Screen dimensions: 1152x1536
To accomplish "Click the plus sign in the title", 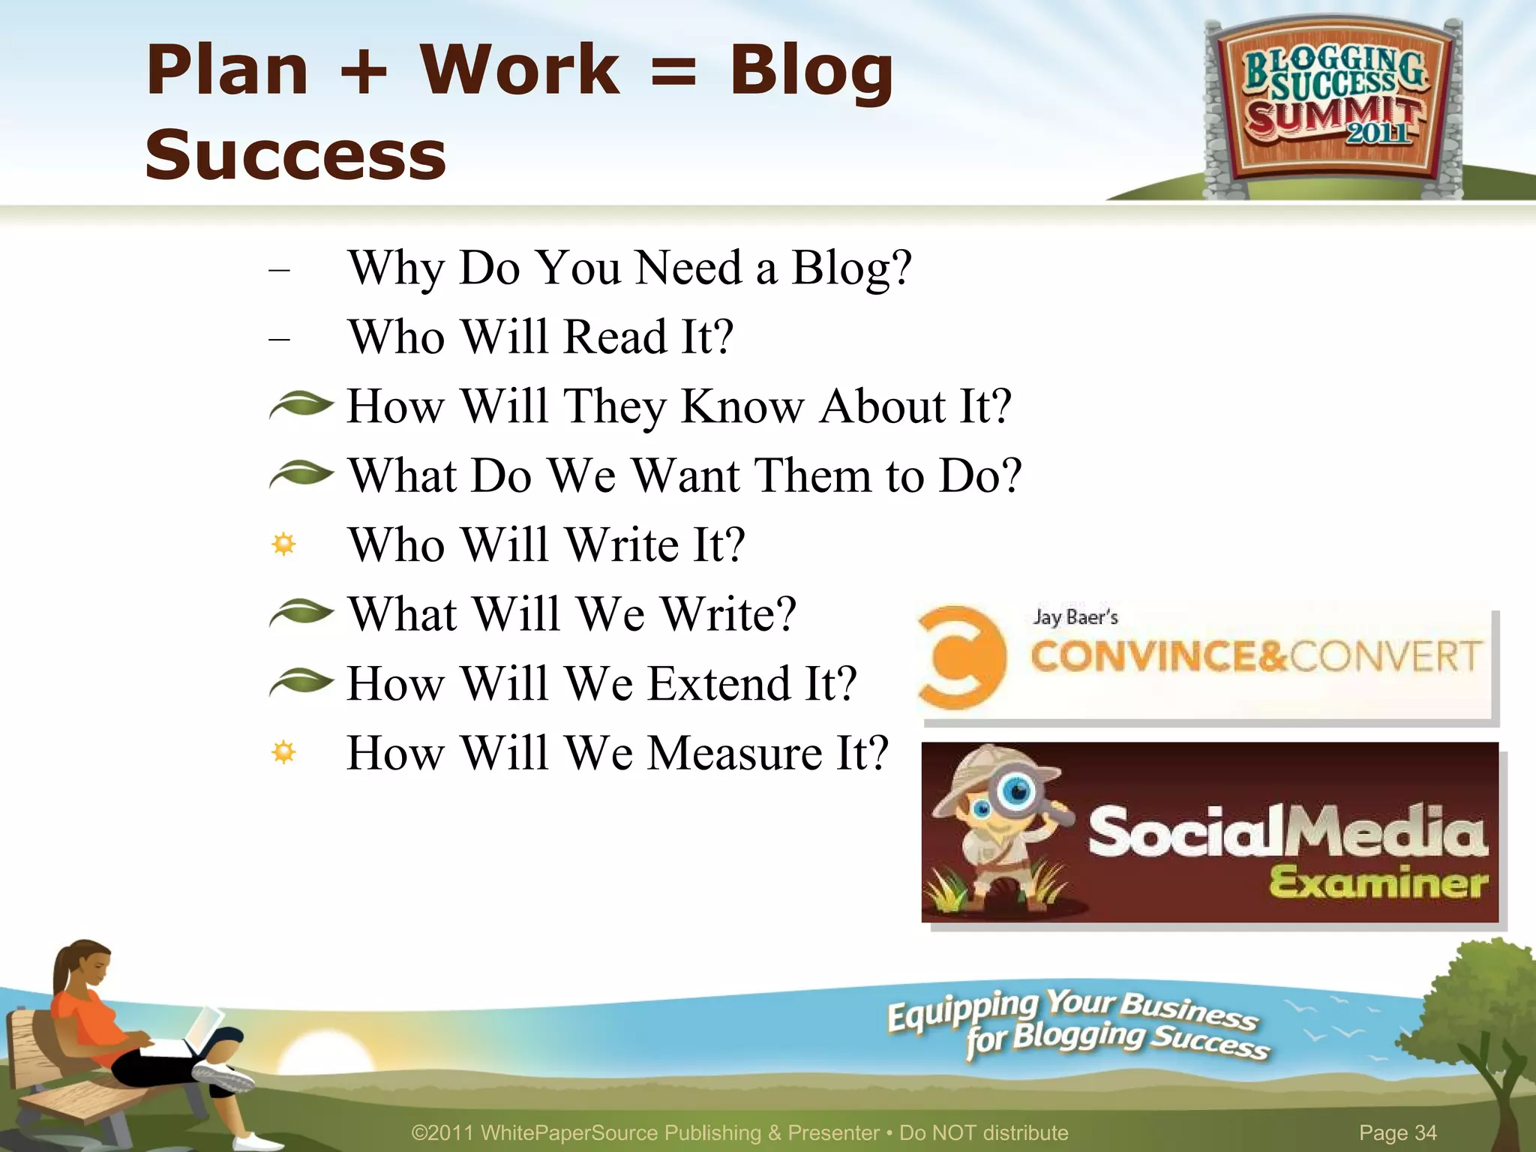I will point(363,71).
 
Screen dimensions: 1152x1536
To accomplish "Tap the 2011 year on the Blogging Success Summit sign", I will point(1378,133).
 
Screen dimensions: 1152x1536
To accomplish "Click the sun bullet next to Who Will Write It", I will point(283,544).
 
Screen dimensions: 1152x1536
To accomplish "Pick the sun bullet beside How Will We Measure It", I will point(283,751).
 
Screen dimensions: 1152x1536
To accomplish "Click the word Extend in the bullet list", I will point(719,684).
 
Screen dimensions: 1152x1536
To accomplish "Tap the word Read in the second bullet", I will point(615,337).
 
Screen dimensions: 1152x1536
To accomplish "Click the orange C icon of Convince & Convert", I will point(961,658).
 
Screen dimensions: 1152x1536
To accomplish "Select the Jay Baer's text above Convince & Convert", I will point(1075,617).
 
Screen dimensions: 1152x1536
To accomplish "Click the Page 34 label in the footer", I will point(1397,1132).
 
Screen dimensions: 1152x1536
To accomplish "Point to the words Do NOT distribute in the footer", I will point(983,1132).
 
